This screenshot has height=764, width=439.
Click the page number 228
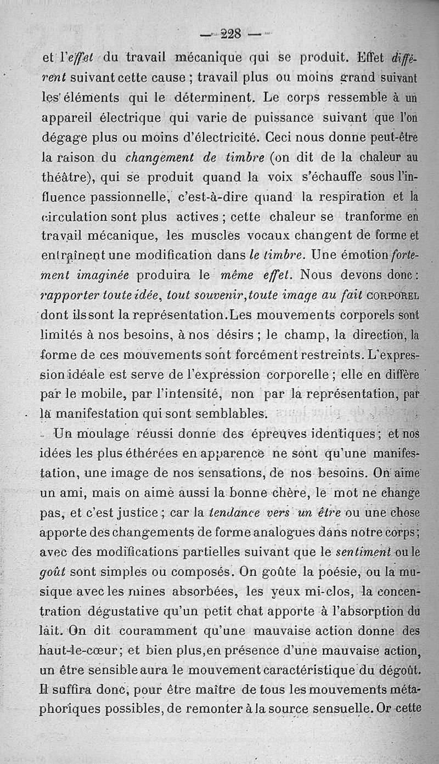(231, 34)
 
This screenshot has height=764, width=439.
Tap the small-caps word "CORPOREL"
(391, 297)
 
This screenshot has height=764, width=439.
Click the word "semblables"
(216, 414)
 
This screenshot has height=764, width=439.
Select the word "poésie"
(326, 573)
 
